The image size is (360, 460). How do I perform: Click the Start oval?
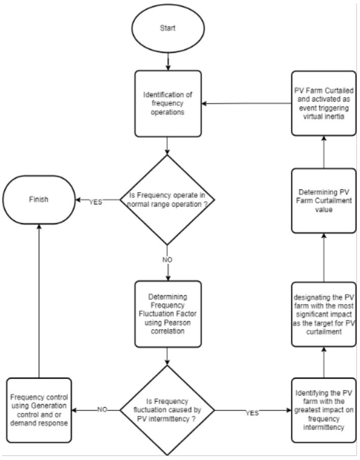point(168,28)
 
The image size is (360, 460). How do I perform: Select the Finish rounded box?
point(39,200)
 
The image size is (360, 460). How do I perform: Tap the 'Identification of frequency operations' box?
point(168,104)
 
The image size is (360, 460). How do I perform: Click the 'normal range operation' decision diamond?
point(167,200)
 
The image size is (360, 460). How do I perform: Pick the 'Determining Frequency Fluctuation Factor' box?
point(168,314)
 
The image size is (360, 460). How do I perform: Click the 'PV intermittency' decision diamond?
point(167,410)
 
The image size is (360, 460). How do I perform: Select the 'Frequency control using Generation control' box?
point(39,410)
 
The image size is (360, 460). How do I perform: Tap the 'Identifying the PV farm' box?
point(324,410)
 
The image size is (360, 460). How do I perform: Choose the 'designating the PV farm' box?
point(324,314)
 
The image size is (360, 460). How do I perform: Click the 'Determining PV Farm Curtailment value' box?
point(324,201)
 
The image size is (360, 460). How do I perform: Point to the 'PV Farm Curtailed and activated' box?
point(324,103)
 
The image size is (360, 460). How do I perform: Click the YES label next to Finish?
point(96,202)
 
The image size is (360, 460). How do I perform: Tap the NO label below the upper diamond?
point(167,260)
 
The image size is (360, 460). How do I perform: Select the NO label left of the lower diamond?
point(102,410)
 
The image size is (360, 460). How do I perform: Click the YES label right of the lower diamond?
point(252,413)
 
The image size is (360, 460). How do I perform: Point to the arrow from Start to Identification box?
point(168,62)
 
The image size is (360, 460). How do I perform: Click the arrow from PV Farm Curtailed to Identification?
point(247,104)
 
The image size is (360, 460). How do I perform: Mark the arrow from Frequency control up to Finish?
point(39,301)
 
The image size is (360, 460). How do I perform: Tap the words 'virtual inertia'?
point(323,116)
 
